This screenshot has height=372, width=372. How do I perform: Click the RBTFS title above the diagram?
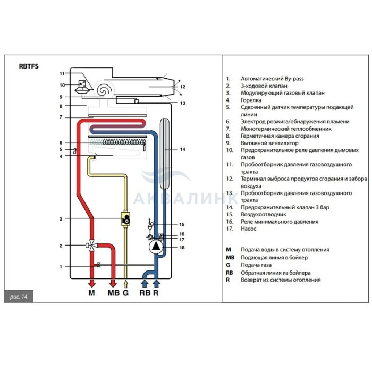(x=29, y=67)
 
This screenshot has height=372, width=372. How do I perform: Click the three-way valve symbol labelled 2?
(x=91, y=246)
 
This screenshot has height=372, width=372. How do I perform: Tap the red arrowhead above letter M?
(x=91, y=283)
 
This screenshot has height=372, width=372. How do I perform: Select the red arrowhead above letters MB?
(x=113, y=283)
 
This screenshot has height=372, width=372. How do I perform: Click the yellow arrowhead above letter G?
(x=126, y=283)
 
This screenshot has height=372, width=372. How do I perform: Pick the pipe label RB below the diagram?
(x=145, y=293)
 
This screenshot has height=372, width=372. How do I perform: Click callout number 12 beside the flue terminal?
(x=182, y=86)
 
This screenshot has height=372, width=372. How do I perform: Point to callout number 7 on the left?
(x=61, y=117)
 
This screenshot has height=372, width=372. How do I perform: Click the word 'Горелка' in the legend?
(x=251, y=100)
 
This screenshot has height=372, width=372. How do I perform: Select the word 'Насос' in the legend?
(x=249, y=229)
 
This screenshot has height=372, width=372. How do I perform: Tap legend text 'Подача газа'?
(x=256, y=265)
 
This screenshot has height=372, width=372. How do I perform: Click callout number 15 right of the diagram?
(x=181, y=225)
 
